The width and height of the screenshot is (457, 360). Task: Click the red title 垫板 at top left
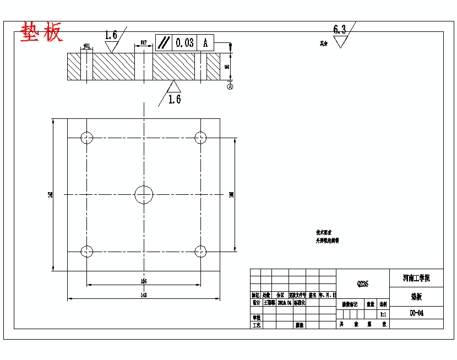tap(42, 33)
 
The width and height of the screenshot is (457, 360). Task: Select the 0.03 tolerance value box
tap(184, 42)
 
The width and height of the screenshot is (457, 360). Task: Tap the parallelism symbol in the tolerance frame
tap(164, 42)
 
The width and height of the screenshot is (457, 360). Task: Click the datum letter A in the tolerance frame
tap(205, 42)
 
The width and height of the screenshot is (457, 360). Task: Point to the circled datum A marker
tap(230, 86)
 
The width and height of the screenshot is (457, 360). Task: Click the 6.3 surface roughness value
tap(340, 29)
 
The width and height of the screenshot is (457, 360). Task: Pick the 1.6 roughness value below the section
tap(175, 99)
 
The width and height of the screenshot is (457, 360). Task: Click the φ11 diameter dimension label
tap(87, 46)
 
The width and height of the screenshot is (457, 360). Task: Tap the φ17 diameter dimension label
tap(143, 42)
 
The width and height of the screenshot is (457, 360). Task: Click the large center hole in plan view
tap(144, 194)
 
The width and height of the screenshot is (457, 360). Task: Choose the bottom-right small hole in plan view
tap(201, 252)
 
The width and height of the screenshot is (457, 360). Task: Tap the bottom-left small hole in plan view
tap(87, 252)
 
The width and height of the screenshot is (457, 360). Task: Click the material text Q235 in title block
tap(363, 284)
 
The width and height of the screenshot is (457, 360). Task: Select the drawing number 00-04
tap(416, 313)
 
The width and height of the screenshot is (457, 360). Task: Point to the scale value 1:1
tap(382, 314)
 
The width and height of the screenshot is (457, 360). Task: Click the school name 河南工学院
tap(416, 278)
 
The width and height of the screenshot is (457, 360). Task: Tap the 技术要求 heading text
tap(324, 232)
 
